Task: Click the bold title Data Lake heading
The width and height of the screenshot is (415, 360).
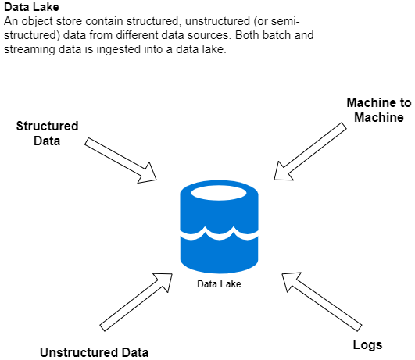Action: (31, 7)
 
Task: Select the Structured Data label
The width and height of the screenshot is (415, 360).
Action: (47, 134)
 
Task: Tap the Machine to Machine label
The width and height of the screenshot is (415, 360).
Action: (379, 110)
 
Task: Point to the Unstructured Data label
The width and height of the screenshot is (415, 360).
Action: (95, 352)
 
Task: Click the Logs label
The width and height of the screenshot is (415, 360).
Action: (367, 345)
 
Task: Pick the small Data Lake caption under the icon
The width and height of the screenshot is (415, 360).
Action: (219, 284)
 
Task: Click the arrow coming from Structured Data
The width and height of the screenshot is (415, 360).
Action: (120, 160)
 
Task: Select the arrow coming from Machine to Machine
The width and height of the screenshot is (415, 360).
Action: (310, 151)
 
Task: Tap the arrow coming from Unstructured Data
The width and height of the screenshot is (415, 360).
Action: (136, 302)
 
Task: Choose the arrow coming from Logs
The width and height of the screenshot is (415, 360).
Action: (322, 301)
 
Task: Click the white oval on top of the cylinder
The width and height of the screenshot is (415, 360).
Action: (219, 193)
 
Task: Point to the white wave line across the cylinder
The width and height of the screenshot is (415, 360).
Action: (219, 233)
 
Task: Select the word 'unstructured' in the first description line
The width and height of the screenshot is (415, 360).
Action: (217, 21)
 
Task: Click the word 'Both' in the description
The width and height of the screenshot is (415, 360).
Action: (246, 35)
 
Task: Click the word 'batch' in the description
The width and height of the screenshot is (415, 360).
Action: (276, 35)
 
